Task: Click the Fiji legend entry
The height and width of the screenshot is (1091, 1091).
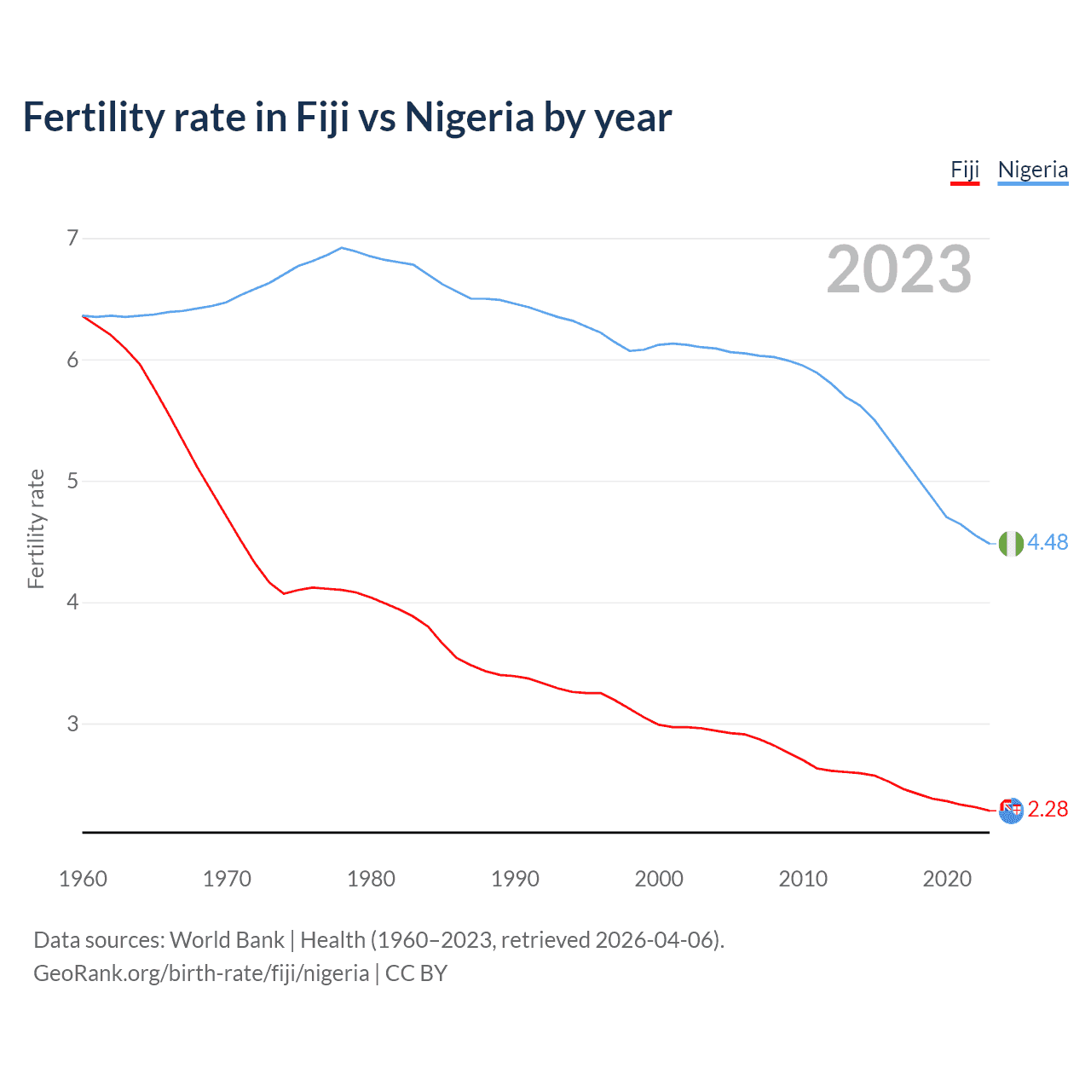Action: [x=965, y=170]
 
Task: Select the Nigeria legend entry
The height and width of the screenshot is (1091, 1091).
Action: [x=1032, y=170]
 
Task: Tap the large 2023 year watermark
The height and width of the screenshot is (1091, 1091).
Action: [x=898, y=269]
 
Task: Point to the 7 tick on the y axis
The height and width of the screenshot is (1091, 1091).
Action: [x=72, y=238]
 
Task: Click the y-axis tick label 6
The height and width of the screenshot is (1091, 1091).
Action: [x=72, y=360]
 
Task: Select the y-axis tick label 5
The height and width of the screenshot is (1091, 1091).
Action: [x=72, y=481]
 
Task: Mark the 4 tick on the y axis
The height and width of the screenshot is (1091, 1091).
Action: [x=72, y=603]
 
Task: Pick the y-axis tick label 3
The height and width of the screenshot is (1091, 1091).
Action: [x=72, y=724]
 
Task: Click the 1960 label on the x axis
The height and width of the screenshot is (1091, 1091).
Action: [x=83, y=879]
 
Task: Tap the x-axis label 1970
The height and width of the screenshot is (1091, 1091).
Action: [x=227, y=879]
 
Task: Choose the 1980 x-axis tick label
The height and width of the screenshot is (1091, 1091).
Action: [x=371, y=879]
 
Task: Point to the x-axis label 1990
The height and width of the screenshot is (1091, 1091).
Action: [x=515, y=879]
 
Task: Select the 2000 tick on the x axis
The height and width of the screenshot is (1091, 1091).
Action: [x=659, y=879]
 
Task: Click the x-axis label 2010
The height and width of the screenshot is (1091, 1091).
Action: [x=803, y=879]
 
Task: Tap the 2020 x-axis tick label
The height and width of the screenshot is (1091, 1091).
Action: [x=947, y=879]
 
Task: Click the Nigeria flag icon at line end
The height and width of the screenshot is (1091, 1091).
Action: [x=1011, y=543]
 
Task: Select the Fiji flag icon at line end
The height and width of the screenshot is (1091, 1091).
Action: [x=1011, y=811]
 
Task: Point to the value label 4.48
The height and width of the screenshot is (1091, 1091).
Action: [x=1048, y=543]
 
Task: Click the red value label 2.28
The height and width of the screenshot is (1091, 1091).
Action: [x=1048, y=810]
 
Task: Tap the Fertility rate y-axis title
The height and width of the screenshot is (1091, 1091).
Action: [x=36, y=528]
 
